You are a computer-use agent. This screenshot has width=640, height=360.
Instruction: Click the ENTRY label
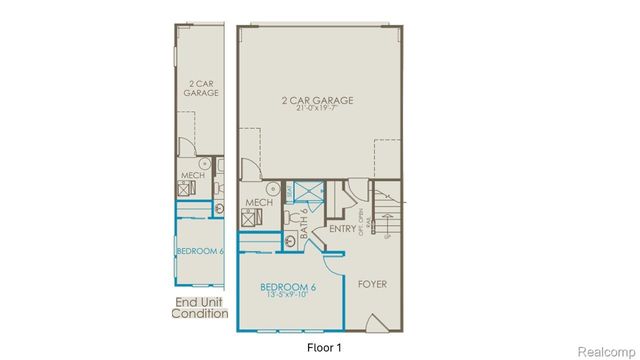342,228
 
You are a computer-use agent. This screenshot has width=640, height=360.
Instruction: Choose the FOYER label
372,284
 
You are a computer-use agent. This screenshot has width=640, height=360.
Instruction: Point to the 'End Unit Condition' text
201,307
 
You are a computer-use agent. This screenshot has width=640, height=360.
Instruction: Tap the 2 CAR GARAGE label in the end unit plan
201,87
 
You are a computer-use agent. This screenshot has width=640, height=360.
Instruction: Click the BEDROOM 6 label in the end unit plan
199,251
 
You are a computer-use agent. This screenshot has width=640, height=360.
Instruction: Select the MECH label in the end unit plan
192,174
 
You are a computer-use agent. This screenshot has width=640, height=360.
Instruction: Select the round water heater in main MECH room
271,187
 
